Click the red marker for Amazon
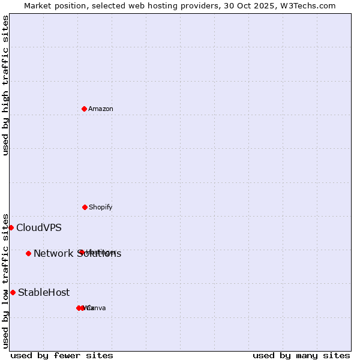click(85, 109)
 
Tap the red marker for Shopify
click(85, 207)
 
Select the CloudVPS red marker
click(11, 227)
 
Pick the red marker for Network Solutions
click(28, 253)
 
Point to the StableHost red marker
click(13, 292)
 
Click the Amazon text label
click(101, 109)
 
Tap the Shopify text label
click(101, 207)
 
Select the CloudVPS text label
click(39, 227)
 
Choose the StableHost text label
click(44, 293)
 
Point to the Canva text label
click(97, 308)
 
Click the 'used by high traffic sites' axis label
click(5, 85)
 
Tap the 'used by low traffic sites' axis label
click(5, 280)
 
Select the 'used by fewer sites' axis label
click(62, 355)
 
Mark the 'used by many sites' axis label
click(301, 355)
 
